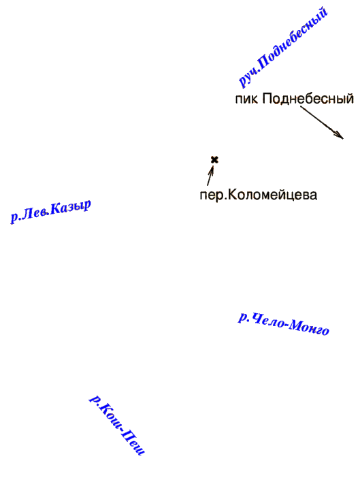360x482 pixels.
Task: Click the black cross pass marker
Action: [x=214, y=160]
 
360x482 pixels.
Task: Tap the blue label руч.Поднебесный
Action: [x=283, y=48]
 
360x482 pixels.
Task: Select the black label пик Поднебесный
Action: [x=294, y=99]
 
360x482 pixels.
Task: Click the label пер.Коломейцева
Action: [x=259, y=195]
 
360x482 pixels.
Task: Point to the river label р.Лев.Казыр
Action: [x=51, y=211]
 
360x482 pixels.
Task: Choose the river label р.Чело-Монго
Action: [x=284, y=324]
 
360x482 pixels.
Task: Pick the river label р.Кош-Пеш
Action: [x=117, y=425]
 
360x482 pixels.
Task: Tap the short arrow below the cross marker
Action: [x=210, y=176]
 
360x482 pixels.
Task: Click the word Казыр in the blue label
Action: [x=71, y=208]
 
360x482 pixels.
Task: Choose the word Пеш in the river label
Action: [x=133, y=443]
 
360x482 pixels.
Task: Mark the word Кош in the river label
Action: [x=109, y=415]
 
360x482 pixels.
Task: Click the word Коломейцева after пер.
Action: [x=272, y=195]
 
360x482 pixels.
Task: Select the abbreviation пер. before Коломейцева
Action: [x=213, y=196]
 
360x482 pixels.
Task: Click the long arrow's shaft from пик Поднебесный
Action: [x=322, y=123]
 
